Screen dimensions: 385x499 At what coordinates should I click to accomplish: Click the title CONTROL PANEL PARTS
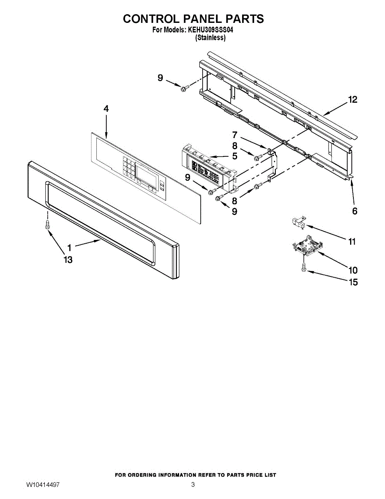coord(193,19)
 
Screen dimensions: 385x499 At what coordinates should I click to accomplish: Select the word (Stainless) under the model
coord(211,37)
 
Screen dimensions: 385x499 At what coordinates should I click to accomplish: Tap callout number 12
coord(353,100)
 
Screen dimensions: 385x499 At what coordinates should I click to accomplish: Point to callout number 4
coord(106,109)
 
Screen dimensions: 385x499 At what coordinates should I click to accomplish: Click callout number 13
coord(68,260)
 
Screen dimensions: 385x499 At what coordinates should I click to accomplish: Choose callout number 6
coord(354,211)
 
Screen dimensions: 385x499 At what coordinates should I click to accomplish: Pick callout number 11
coord(352,242)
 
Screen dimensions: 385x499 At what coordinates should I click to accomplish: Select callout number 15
coord(353,282)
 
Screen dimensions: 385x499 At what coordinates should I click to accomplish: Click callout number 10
coord(353,270)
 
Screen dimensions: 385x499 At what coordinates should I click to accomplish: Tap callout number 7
coord(235,135)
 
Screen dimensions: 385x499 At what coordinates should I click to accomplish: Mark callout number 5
coord(235,157)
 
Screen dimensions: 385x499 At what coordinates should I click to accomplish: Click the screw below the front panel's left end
coord(47,225)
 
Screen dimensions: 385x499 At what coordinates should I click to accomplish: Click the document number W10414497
coord(43,485)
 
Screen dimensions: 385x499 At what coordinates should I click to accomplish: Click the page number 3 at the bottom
coord(193,485)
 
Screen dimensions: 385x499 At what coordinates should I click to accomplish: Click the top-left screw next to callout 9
coord(184,87)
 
